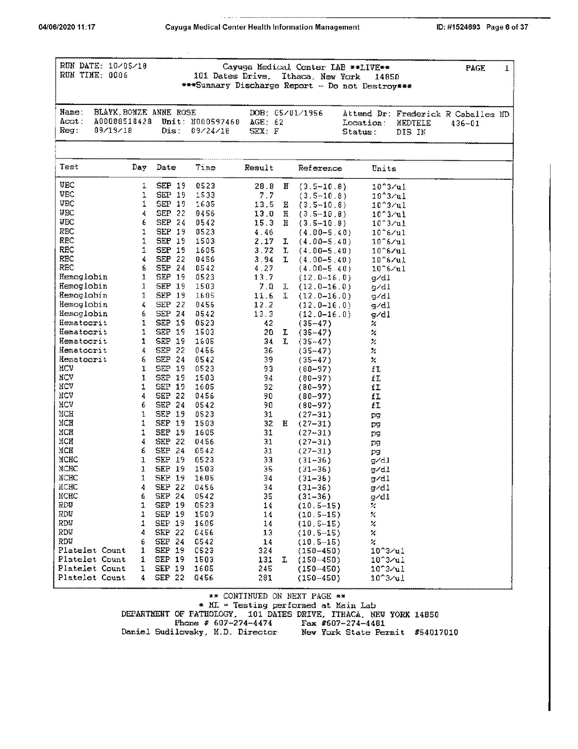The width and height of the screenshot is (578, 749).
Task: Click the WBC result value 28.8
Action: pyautogui.click(x=264, y=186)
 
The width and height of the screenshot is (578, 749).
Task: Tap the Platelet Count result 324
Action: pyautogui.click(x=265, y=550)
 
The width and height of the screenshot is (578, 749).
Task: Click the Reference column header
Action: pyautogui.click(x=320, y=168)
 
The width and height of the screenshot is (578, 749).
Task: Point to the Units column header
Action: pyautogui.click(x=384, y=169)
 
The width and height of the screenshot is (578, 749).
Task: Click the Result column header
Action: pyautogui.click(x=259, y=168)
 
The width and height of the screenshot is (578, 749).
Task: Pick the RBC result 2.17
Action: pyautogui.click(x=264, y=241)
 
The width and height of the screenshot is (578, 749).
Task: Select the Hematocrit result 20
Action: pyautogui.click(x=268, y=332)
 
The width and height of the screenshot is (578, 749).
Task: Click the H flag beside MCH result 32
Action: pyautogui.click(x=285, y=424)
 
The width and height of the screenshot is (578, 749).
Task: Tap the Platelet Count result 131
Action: pyautogui.click(x=265, y=560)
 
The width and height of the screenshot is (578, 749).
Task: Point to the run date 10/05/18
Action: pyautogui.click(x=128, y=66)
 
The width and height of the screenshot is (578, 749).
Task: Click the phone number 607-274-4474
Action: pyautogui.click(x=243, y=623)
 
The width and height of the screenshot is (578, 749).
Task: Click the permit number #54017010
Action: pyautogui.click(x=436, y=632)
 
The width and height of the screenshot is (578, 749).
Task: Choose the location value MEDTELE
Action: pyautogui.click(x=414, y=123)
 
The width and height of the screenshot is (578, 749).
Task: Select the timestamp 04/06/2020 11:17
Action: pyautogui.click(x=67, y=27)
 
